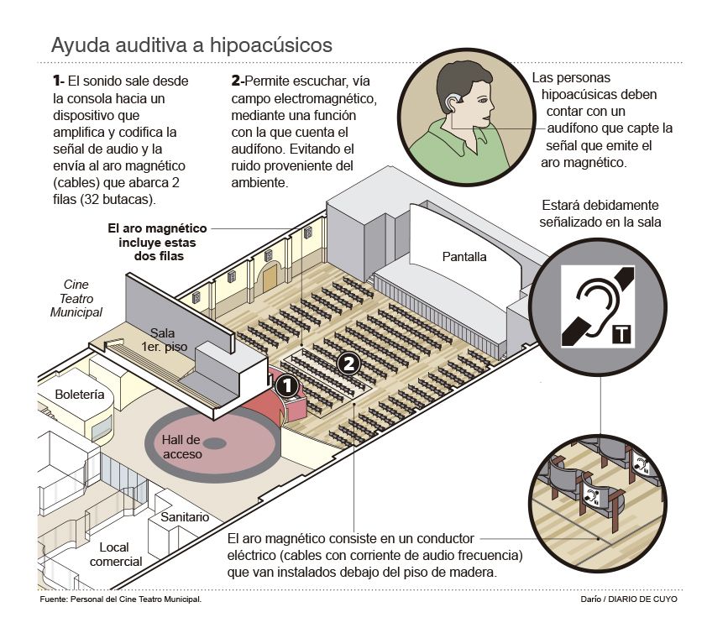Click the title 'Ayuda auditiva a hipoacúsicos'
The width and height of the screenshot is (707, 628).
coord(191,44)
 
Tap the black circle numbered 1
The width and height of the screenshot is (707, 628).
coord(287,386)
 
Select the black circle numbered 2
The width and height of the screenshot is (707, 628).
coord(350,364)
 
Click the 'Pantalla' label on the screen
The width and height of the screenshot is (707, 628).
coord(463,257)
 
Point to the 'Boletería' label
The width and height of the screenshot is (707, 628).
coord(79,394)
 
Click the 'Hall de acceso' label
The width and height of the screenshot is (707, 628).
coord(182,447)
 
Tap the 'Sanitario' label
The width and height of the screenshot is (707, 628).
coord(185,517)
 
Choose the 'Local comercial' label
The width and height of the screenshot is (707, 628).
coord(116,554)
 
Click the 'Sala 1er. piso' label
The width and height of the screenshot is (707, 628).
coord(162,339)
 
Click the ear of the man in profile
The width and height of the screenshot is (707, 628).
coord(453,105)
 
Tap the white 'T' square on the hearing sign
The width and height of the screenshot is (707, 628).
coord(622,333)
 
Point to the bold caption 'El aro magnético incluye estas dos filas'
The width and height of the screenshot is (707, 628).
coord(157,242)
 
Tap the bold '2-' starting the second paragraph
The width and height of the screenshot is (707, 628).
coord(238,81)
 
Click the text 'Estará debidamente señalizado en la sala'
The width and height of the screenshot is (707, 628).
coord(600,213)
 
